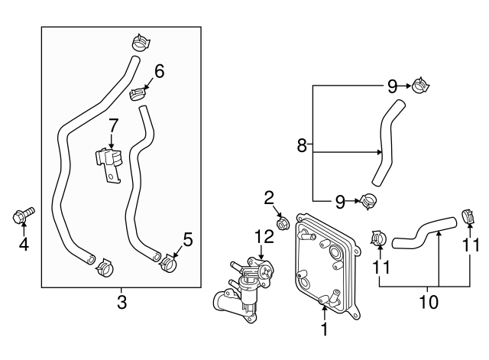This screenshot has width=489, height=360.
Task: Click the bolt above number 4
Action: click(21, 216)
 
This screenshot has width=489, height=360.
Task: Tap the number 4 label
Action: click(23, 245)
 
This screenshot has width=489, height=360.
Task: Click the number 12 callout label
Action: click(264, 238)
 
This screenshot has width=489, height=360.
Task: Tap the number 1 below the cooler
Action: click(324, 330)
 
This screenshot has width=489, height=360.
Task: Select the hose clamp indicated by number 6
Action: click(138, 95)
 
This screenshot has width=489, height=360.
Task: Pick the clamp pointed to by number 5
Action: click(170, 264)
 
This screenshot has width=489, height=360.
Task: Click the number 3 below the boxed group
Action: click(121, 303)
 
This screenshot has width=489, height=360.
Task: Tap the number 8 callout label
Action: click(302, 145)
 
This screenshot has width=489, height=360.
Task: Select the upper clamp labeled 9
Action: click(419, 86)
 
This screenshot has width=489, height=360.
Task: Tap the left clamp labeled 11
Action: click(377, 239)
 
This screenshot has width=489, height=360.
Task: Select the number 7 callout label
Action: click(112, 124)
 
